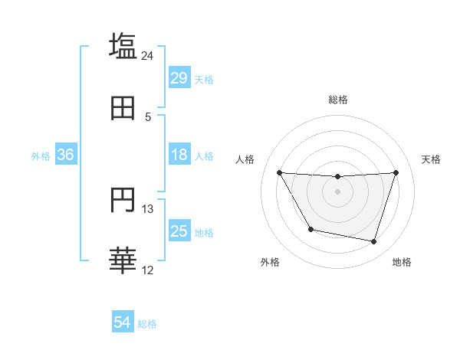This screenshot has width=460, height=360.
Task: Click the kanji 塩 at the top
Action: [x=123, y=46]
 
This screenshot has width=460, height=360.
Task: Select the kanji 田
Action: [x=123, y=108]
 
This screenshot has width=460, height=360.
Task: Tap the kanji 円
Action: [x=123, y=201]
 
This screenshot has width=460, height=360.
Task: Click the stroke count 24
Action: [x=148, y=55]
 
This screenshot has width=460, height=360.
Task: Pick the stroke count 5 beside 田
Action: [x=148, y=117]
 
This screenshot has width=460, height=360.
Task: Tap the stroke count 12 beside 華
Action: [x=148, y=270]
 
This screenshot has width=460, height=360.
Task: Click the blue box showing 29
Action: [x=179, y=77]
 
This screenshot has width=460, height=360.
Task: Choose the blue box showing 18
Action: [x=179, y=155]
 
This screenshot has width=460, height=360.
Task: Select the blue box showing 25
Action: [x=179, y=231]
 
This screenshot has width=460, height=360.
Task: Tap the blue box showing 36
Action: [x=66, y=155]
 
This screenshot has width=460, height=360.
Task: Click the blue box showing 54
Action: [x=123, y=322]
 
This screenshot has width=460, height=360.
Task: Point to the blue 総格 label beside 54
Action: [x=147, y=324]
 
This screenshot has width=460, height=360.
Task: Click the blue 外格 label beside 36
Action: [x=41, y=155]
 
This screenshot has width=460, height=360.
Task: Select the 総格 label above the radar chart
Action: [x=337, y=100]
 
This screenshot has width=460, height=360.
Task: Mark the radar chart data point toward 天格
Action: [x=396, y=172]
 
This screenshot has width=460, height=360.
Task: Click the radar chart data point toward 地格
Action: [x=373, y=241]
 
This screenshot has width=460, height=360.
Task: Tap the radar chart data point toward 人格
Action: [x=279, y=172]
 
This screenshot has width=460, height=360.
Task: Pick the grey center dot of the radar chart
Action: [x=337, y=191]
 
